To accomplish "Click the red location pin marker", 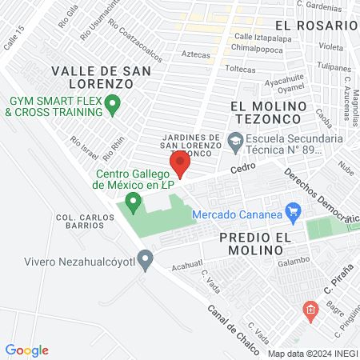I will [x=180, y=163].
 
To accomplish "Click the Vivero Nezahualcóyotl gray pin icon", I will [x=145, y=258].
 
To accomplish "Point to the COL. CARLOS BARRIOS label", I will [x=80, y=222].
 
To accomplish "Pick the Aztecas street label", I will [x=196, y=55].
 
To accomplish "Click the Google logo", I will [x=27, y=350].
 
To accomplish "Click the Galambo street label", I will [x=294, y=260].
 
